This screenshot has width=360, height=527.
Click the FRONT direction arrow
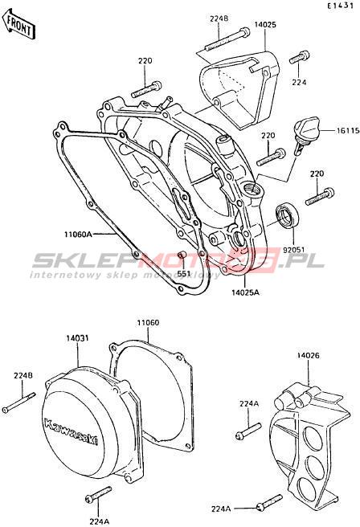click(18, 25)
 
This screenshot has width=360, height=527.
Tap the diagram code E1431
click(341, 6)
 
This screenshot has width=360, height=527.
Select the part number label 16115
click(348, 130)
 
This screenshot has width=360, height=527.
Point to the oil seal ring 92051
click(286, 217)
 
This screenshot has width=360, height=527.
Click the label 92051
click(293, 250)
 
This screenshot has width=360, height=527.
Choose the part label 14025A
click(245, 292)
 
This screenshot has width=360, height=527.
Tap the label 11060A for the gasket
click(78, 234)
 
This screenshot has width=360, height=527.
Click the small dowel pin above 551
click(182, 256)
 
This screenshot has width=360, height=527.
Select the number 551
click(183, 274)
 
